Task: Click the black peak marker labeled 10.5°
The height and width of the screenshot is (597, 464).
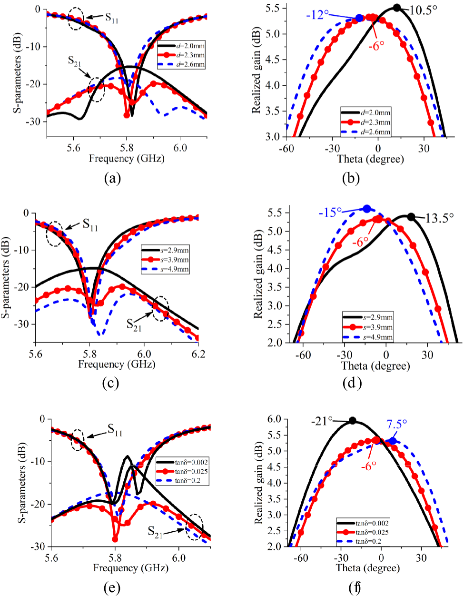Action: coord(396,8)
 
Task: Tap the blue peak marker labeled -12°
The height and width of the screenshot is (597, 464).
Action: coord(359,18)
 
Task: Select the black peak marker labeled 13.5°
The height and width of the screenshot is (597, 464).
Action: coord(411,217)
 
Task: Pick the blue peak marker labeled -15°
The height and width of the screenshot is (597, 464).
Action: coord(367,209)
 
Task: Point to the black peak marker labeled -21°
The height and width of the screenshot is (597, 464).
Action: coord(352,420)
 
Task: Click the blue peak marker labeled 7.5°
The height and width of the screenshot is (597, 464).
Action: coord(393,441)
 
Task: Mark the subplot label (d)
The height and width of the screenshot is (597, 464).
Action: coord(352,383)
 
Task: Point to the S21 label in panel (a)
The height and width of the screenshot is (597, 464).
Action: coord(74,61)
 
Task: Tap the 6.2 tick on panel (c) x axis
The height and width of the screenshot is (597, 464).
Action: coord(198,354)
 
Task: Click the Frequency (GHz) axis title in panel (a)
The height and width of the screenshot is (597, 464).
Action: coord(127,158)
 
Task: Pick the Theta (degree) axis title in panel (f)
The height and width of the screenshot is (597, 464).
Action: coord(368,567)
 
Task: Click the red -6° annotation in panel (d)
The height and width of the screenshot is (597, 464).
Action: coord(360,242)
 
